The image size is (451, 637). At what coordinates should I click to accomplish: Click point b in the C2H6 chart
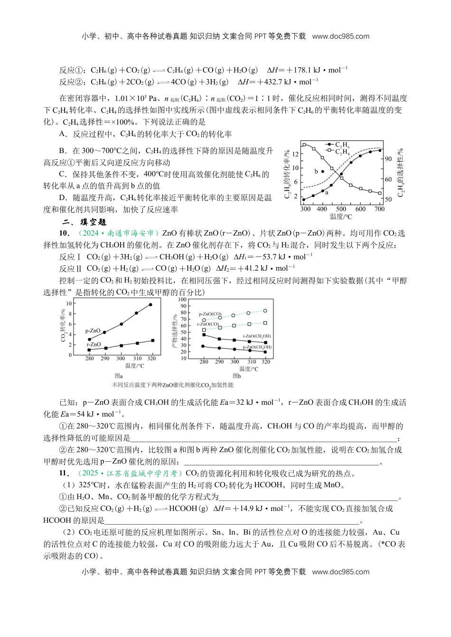point(323,171)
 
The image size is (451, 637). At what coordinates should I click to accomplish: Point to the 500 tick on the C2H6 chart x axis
point(341,209)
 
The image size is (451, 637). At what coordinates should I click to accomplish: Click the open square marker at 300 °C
point(304,145)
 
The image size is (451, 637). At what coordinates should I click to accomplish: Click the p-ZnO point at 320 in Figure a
point(150,304)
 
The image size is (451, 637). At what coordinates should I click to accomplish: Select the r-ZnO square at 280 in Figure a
point(89,350)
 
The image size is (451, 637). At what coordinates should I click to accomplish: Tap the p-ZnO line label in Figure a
point(93,331)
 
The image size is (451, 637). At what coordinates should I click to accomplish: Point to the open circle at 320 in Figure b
point(265,311)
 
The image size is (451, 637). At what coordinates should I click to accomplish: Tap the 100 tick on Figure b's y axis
point(182,300)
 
